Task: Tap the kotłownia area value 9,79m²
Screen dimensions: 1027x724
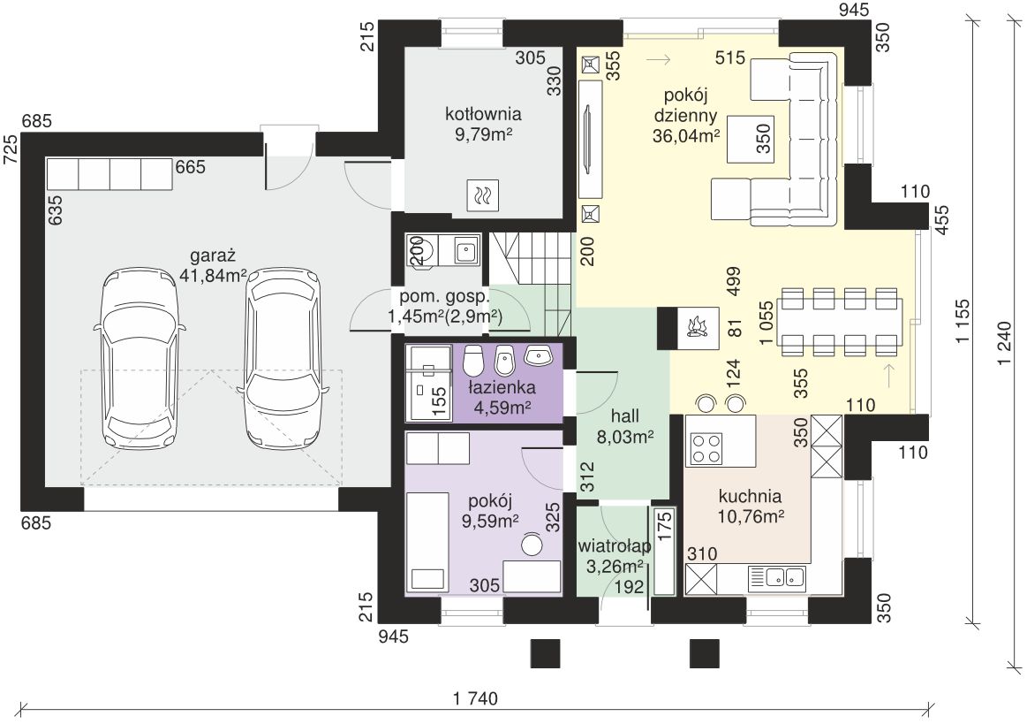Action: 483,134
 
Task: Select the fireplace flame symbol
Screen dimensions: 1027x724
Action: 697,326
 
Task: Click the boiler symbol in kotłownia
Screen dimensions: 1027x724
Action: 483,194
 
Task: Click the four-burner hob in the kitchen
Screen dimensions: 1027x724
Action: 706,448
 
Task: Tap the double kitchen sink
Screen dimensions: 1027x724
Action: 785,577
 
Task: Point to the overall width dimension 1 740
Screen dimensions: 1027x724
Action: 475,698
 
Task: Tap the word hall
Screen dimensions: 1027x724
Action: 624,415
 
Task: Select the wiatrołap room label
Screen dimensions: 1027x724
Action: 615,545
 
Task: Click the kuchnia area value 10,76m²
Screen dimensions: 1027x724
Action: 751,516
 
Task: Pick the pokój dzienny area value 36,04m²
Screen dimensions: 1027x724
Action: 686,135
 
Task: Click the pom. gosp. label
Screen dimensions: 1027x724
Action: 444,296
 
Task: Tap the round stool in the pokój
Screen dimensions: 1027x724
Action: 532,545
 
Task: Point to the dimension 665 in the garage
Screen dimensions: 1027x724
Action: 190,167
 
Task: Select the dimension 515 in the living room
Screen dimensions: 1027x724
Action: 730,57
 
